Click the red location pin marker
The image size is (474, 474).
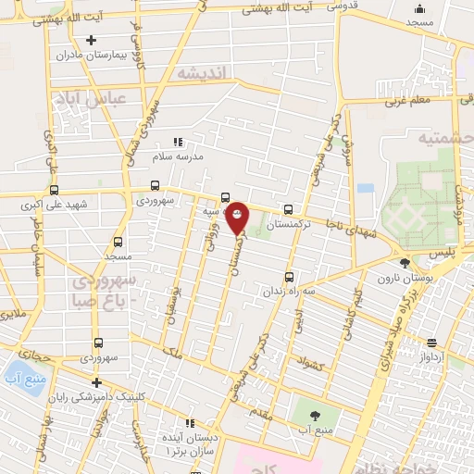point(237,217)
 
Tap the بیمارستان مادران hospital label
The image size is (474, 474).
point(89,55)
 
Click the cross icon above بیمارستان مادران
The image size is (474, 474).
point(91,40)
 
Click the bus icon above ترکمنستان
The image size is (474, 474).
point(289,210)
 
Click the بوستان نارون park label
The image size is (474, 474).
point(400,279)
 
